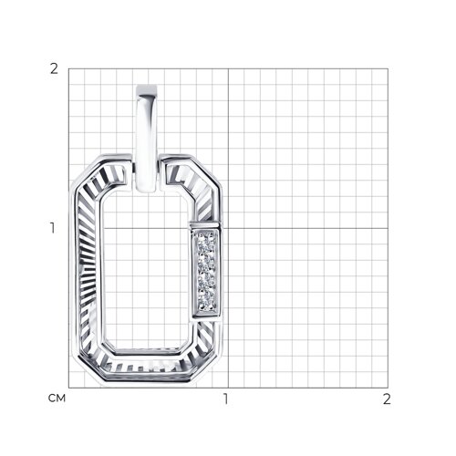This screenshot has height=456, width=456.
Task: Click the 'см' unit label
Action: (57, 398)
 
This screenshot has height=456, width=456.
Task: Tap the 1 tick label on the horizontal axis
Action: (225, 399)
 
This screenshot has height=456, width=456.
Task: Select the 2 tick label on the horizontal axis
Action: (387, 399)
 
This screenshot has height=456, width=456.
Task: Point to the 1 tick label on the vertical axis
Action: (53, 228)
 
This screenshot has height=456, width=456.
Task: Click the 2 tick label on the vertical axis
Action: (54, 68)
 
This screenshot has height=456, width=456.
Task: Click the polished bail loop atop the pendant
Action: (147, 139)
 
